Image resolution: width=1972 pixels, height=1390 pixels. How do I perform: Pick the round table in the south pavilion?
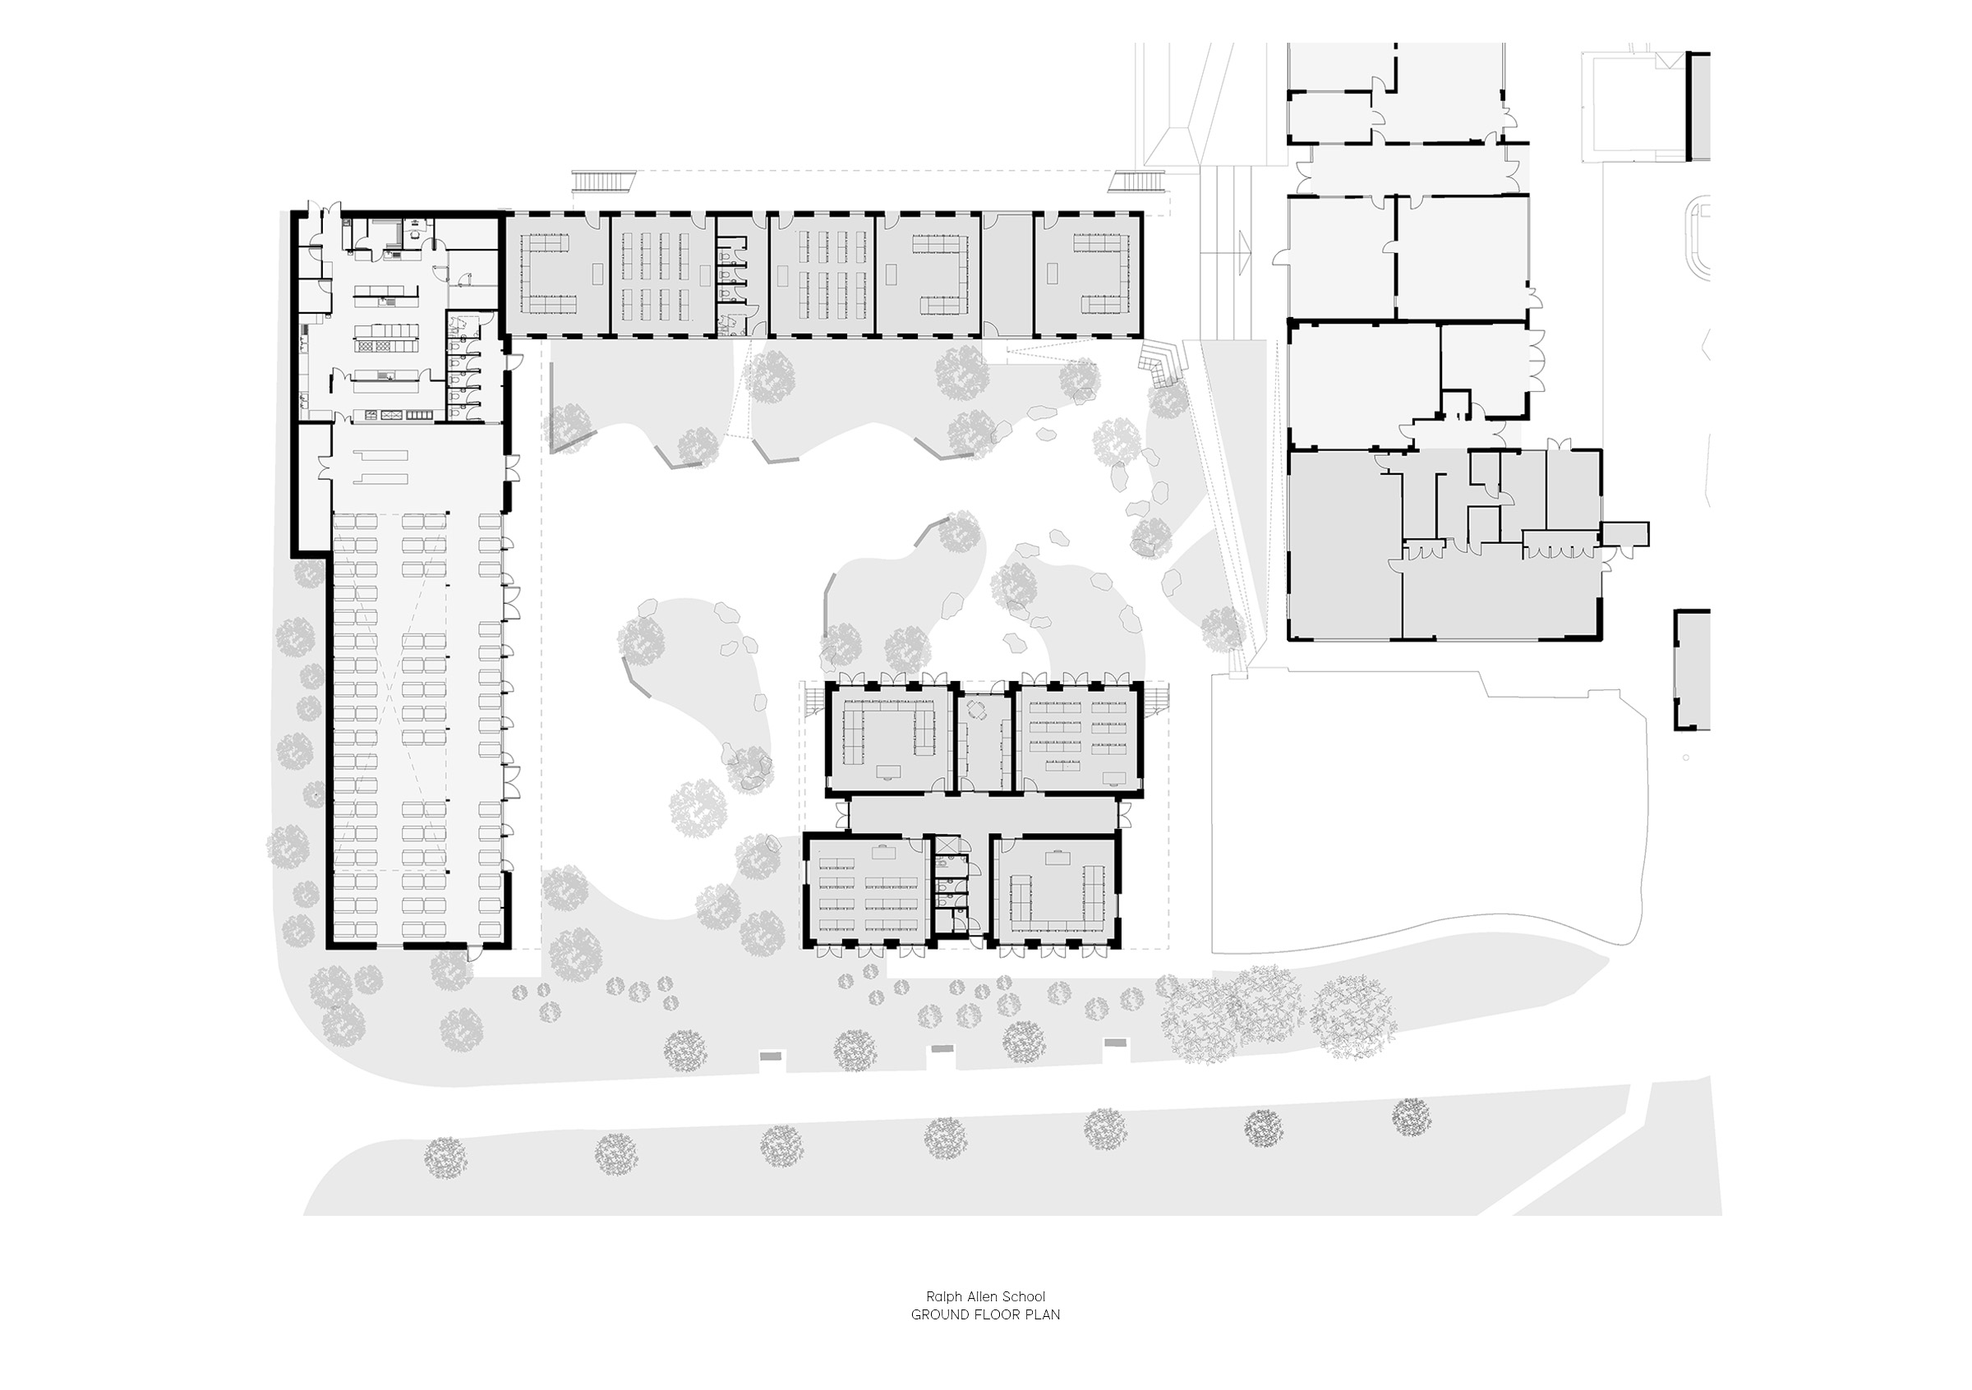click(979, 709)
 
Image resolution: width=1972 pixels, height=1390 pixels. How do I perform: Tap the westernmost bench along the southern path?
click(772, 1055)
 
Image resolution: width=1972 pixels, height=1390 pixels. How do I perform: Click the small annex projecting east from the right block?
click(1625, 533)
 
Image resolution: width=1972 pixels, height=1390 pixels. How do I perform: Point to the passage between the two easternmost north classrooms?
click(1007, 274)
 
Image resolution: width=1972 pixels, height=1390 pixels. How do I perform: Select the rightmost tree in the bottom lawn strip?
click(1411, 1117)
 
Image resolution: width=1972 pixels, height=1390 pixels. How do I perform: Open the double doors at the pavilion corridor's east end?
click(1124, 814)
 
